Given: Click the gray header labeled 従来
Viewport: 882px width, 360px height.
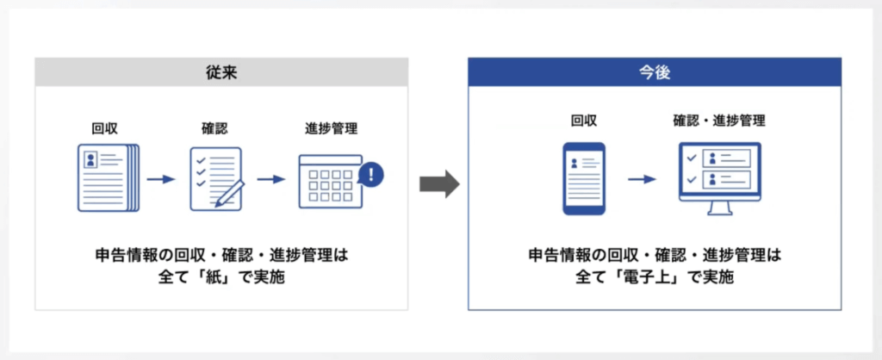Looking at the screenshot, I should click(221, 73).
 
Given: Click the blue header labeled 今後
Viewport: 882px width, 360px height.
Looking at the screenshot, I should click(655, 73).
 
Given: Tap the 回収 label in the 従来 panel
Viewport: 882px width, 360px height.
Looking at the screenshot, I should click(104, 129).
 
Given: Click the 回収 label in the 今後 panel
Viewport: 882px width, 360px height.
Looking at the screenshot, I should click(583, 121).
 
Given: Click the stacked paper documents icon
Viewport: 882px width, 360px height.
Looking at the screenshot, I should click(106, 179).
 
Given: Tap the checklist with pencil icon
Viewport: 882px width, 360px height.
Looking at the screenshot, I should click(215, 179).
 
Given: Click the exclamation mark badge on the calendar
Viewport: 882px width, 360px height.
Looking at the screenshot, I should click(370, 175).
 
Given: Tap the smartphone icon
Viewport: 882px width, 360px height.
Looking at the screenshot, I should click(583, 178).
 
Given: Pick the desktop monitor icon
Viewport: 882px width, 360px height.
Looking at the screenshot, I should click(720, 178).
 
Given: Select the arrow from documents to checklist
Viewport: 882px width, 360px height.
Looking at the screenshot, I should click(161, 180).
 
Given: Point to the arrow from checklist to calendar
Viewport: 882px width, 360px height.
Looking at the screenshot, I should click(271, 180).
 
